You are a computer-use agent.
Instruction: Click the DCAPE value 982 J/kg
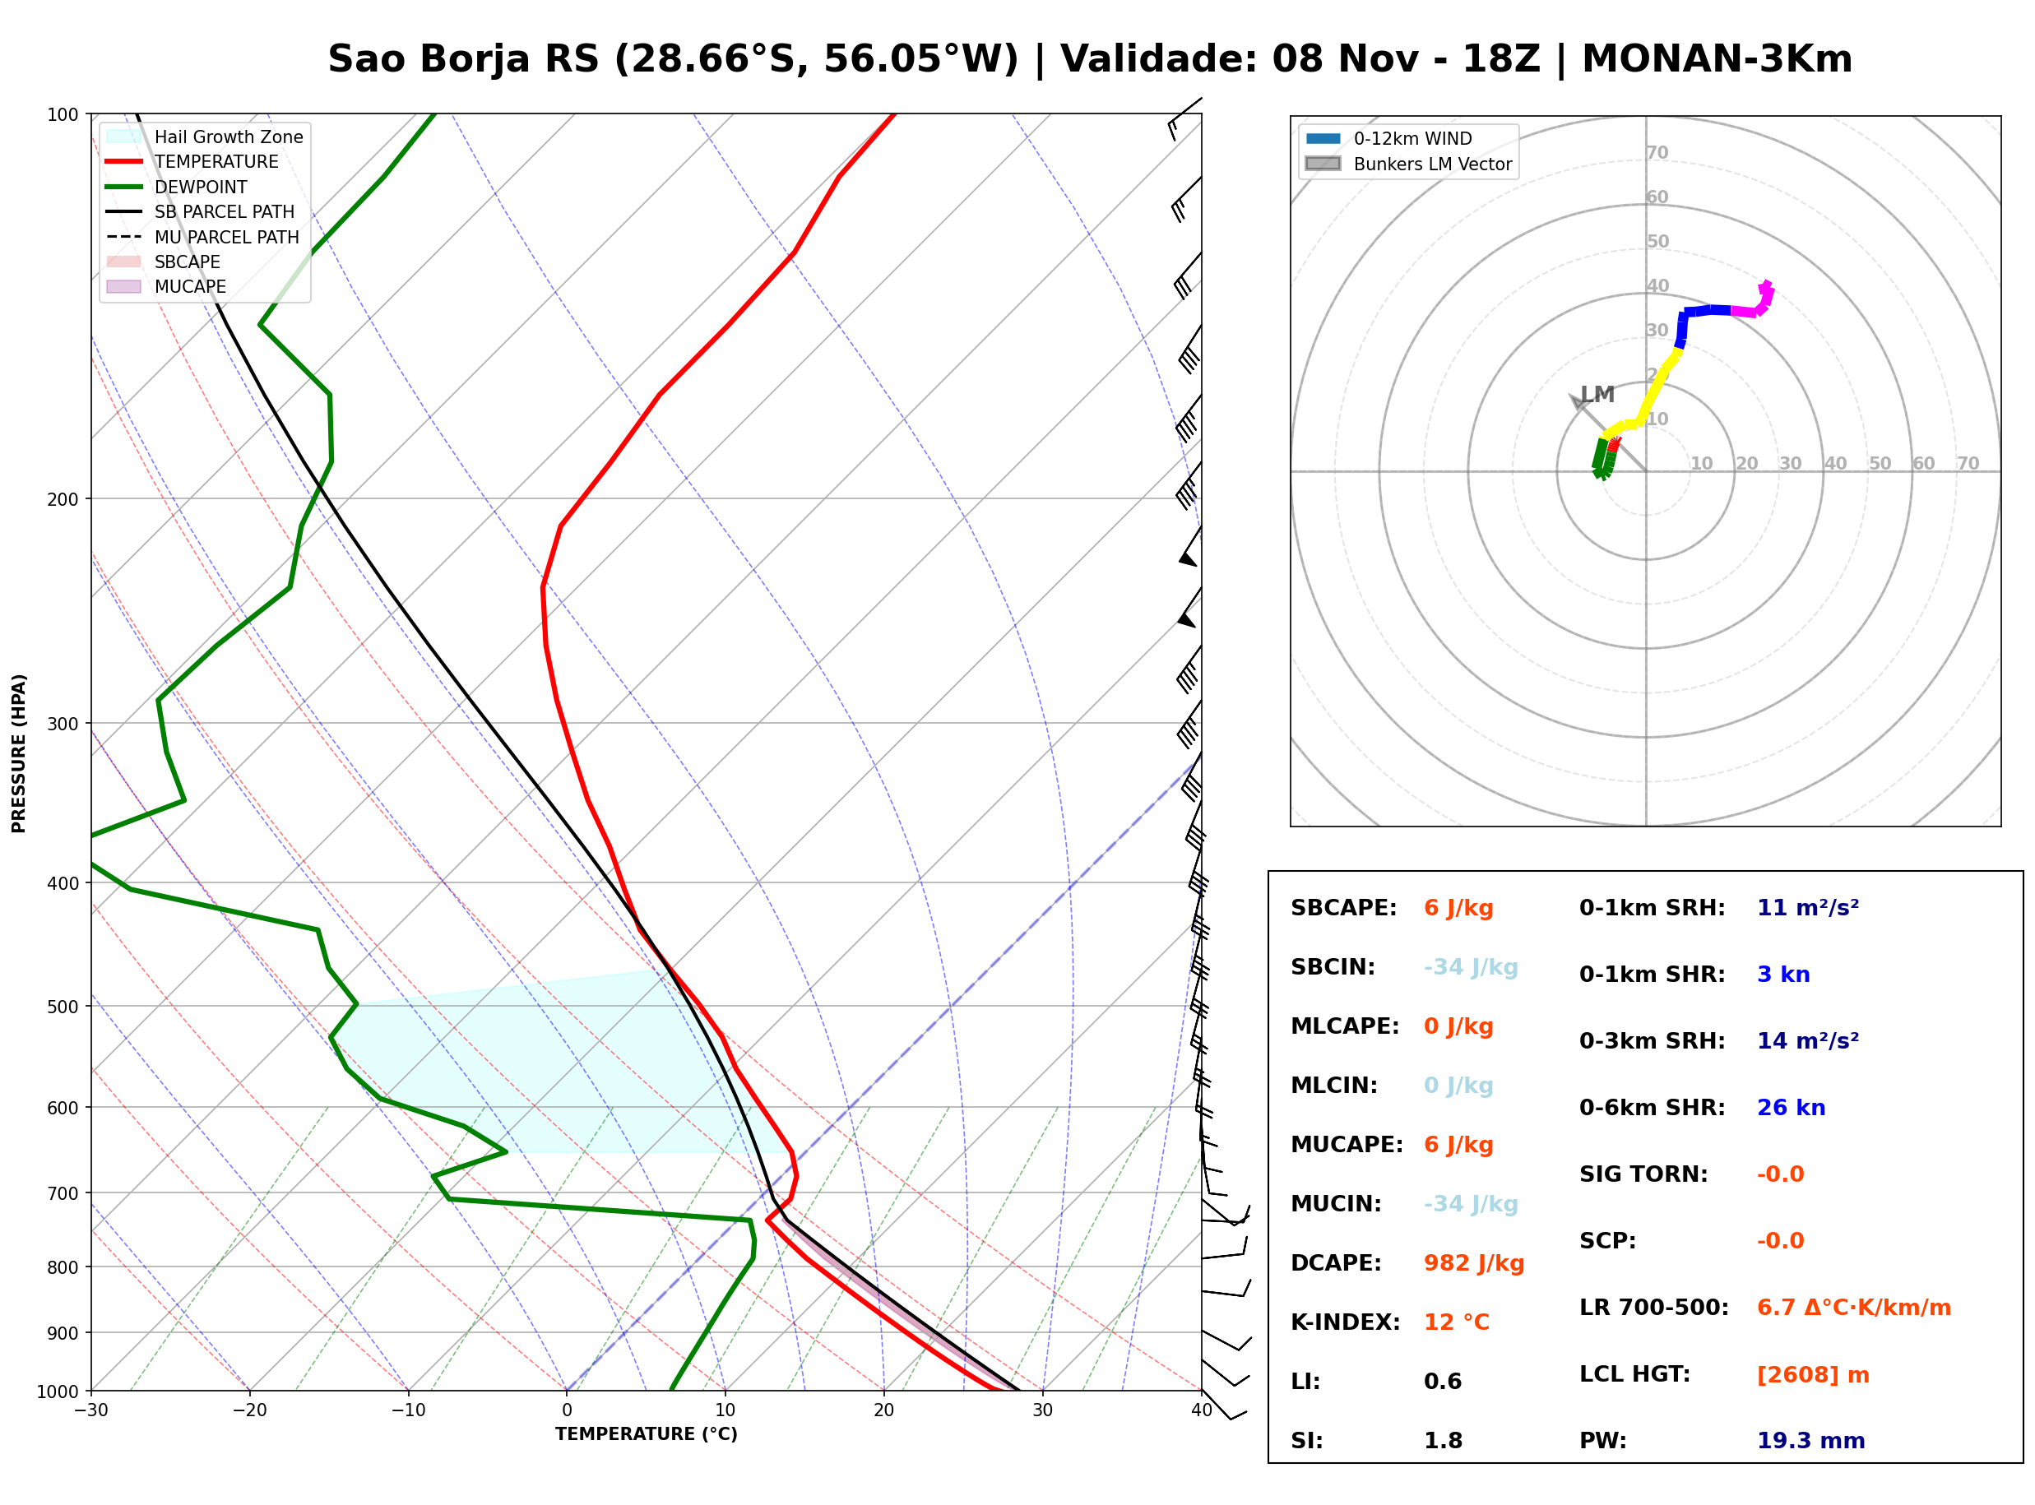[1474, 1263]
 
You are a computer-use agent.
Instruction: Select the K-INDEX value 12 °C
[1457, 1322]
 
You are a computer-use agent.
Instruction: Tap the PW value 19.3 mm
[1811, 1441]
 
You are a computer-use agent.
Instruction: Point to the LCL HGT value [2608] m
[1813, 1375]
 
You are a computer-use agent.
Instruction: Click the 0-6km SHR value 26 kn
[1791, 1108]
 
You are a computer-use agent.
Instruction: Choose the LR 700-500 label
[1653, 1308]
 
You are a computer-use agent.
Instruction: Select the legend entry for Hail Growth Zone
[205, 137]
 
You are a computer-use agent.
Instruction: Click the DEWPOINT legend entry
[177, 187]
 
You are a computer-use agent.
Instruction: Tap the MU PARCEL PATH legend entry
[202, 237]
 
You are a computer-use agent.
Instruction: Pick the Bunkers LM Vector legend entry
[1409, 164]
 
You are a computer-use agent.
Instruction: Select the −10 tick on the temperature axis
[407, 1410]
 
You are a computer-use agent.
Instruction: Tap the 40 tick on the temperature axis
[1202, 1410]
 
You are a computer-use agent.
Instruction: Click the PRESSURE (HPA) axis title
[18, 753]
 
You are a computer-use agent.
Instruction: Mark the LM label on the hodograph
[1597, 395]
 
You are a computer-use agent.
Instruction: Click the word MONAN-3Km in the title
[1717, 59]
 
